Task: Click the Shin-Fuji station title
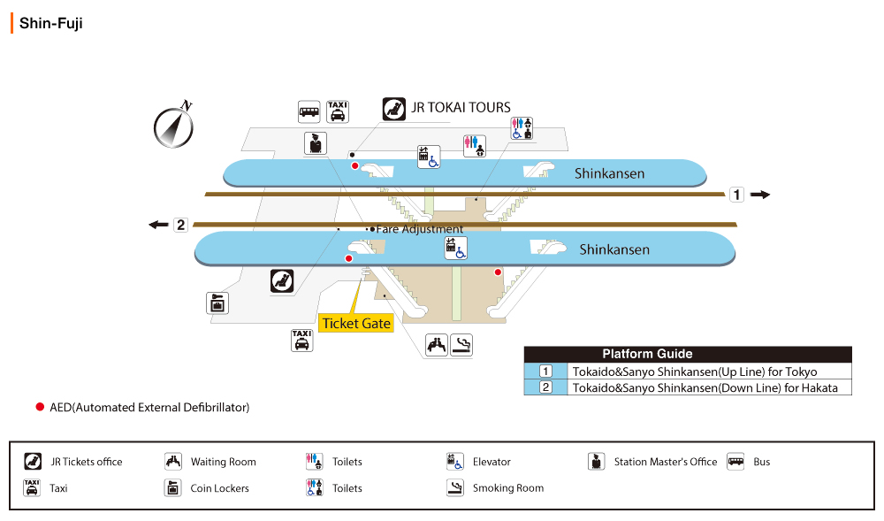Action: pos(50,24)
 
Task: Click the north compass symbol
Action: pos(173,126)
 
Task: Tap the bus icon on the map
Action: pos(309,111)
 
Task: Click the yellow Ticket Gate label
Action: pos(356,323)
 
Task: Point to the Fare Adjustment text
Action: pos(419,229)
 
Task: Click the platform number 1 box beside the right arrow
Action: pos(736,195)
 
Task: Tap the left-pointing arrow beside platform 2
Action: pos(159,225)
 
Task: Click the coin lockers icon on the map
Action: pos(217,303)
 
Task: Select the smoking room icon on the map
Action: pos(461,345)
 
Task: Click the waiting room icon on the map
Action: pos(437,345)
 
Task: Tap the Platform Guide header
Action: pos(647,354)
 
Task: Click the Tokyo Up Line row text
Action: pos(694,372)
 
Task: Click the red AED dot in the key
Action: pos(39,407)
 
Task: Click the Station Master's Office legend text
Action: pos(666,462)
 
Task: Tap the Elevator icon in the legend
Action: pos(455,461)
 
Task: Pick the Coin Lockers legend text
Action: pos(219,488)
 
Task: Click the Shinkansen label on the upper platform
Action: pos(609,173)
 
